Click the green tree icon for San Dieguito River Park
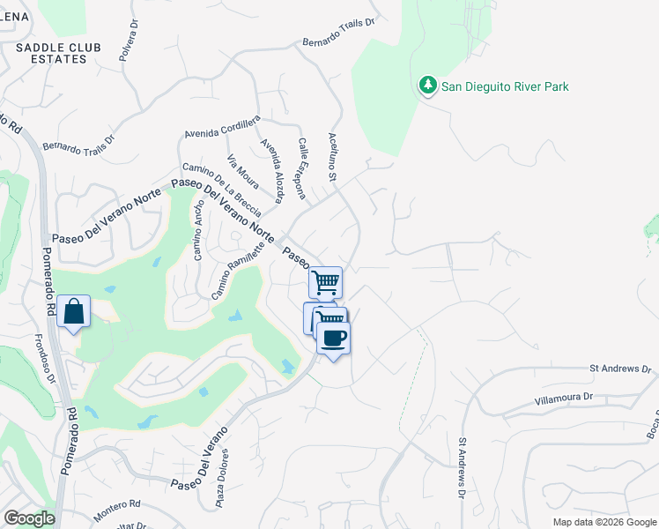[428, 86]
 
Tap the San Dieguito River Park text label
[505, 86]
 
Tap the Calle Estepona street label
[305, 160]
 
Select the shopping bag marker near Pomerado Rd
[74, 311]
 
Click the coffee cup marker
[333, 339]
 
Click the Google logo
[29, 518]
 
